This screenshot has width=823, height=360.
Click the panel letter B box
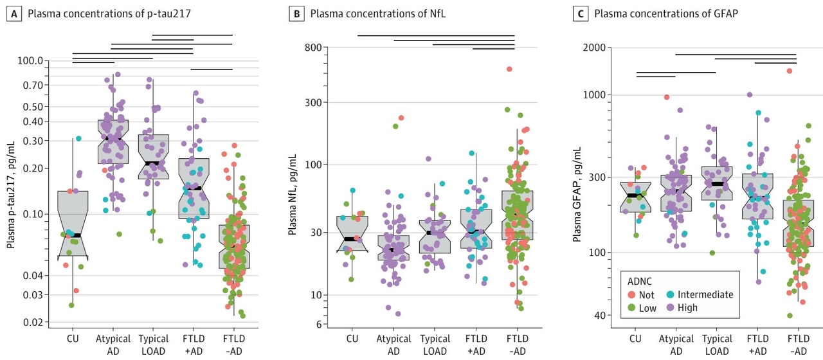(298, 14)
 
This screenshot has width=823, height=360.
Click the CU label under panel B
(352, 339)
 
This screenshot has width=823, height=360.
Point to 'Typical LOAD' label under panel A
(154, 345)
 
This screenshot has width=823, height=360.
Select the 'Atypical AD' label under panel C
(676, 345)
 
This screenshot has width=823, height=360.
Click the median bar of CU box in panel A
(73, 235)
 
